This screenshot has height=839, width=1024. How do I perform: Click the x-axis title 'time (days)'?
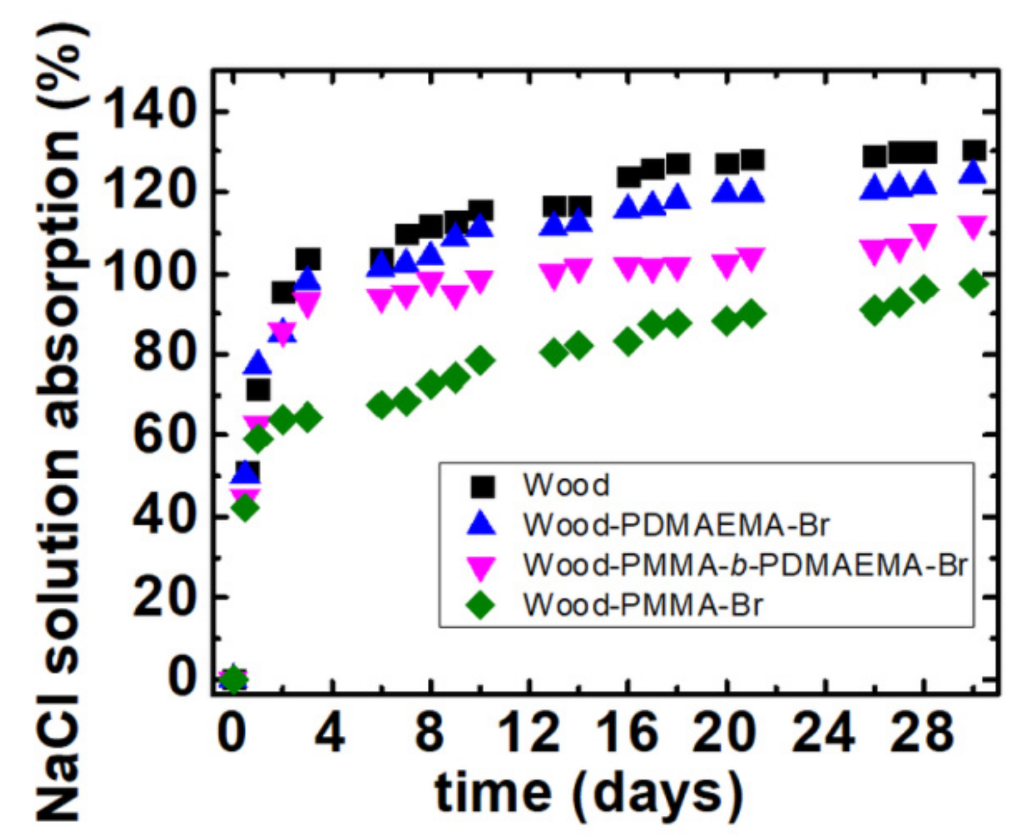tap(590, 793)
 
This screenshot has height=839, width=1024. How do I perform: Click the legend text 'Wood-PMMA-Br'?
tap(643, 605)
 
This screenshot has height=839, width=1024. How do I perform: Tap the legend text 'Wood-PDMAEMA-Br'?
tap(676, 525)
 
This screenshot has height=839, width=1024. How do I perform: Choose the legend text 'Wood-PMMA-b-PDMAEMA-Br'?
tap(745, 565)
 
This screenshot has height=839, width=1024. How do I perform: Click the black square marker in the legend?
tap(482, 486)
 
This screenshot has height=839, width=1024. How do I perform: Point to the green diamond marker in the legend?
tap(481, 605)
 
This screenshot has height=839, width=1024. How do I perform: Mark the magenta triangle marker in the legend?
tap(481, 566)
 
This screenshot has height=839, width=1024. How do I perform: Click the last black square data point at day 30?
tap(974, 151)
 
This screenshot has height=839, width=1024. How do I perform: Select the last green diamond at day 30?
tap(974, 283)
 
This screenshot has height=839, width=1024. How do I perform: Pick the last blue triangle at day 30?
tap(974, 173)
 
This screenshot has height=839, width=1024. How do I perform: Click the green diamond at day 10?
tap(480, 361)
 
